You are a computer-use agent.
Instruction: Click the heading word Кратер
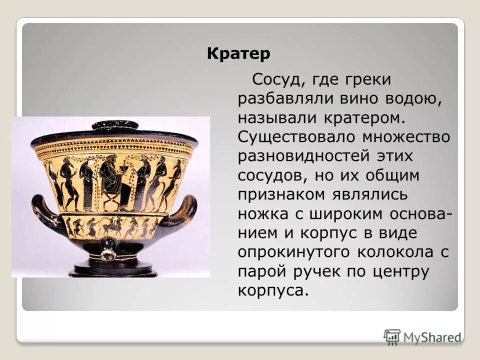coord(238,53)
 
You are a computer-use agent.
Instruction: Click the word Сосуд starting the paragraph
coord(274,79)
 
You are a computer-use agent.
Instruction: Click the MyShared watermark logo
coord(422,336)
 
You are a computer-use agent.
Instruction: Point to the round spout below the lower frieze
coord(107,254)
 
